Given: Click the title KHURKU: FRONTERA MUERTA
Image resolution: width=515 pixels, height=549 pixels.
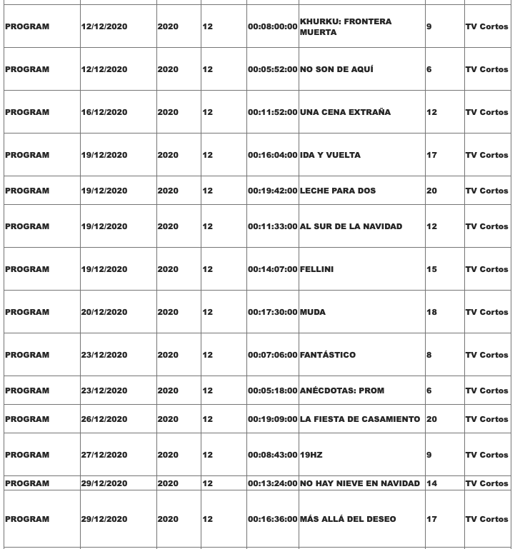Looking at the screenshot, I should click(x=346, y=27).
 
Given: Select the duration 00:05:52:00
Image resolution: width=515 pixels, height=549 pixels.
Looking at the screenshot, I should click(x=272, y=70).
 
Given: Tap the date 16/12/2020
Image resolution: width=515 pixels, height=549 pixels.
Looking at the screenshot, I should click(x=104, y=113).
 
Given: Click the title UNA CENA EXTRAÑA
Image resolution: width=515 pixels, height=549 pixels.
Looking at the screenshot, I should click(x=345, y=113).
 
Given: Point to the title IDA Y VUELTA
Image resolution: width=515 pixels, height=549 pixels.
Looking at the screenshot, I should click(x=330, y=156).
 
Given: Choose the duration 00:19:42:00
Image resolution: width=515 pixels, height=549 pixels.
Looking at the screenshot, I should click(x=272, y=191).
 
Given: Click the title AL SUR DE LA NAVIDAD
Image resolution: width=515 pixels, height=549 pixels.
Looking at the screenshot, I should click(x=351, y=227).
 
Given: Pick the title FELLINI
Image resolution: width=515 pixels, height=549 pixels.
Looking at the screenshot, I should click(x=316, y=270).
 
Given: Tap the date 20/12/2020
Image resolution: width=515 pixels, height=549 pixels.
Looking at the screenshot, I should click(x=104, y=313).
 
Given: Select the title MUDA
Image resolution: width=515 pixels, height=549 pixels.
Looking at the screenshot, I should click(x=313, y=313).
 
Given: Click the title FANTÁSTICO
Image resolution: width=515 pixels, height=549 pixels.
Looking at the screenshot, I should click(x=327, y=356).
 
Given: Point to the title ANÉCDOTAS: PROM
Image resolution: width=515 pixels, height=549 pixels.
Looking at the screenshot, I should click(x=342, y=391).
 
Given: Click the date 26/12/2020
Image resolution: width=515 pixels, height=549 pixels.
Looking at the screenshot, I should click(x=104, y=420).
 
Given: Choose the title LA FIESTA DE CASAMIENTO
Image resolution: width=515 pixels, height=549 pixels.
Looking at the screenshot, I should click(x=360, y=420).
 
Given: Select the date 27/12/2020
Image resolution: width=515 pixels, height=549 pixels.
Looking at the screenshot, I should click(x=104, y=455).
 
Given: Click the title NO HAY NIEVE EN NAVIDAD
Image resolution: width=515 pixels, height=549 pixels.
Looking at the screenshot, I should click(x=360, y=484).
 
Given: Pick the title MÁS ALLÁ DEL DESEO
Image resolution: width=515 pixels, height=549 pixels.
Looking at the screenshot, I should click(x=348, y=520).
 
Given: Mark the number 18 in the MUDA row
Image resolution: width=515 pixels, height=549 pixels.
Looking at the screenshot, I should click(x=431, y=313).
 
